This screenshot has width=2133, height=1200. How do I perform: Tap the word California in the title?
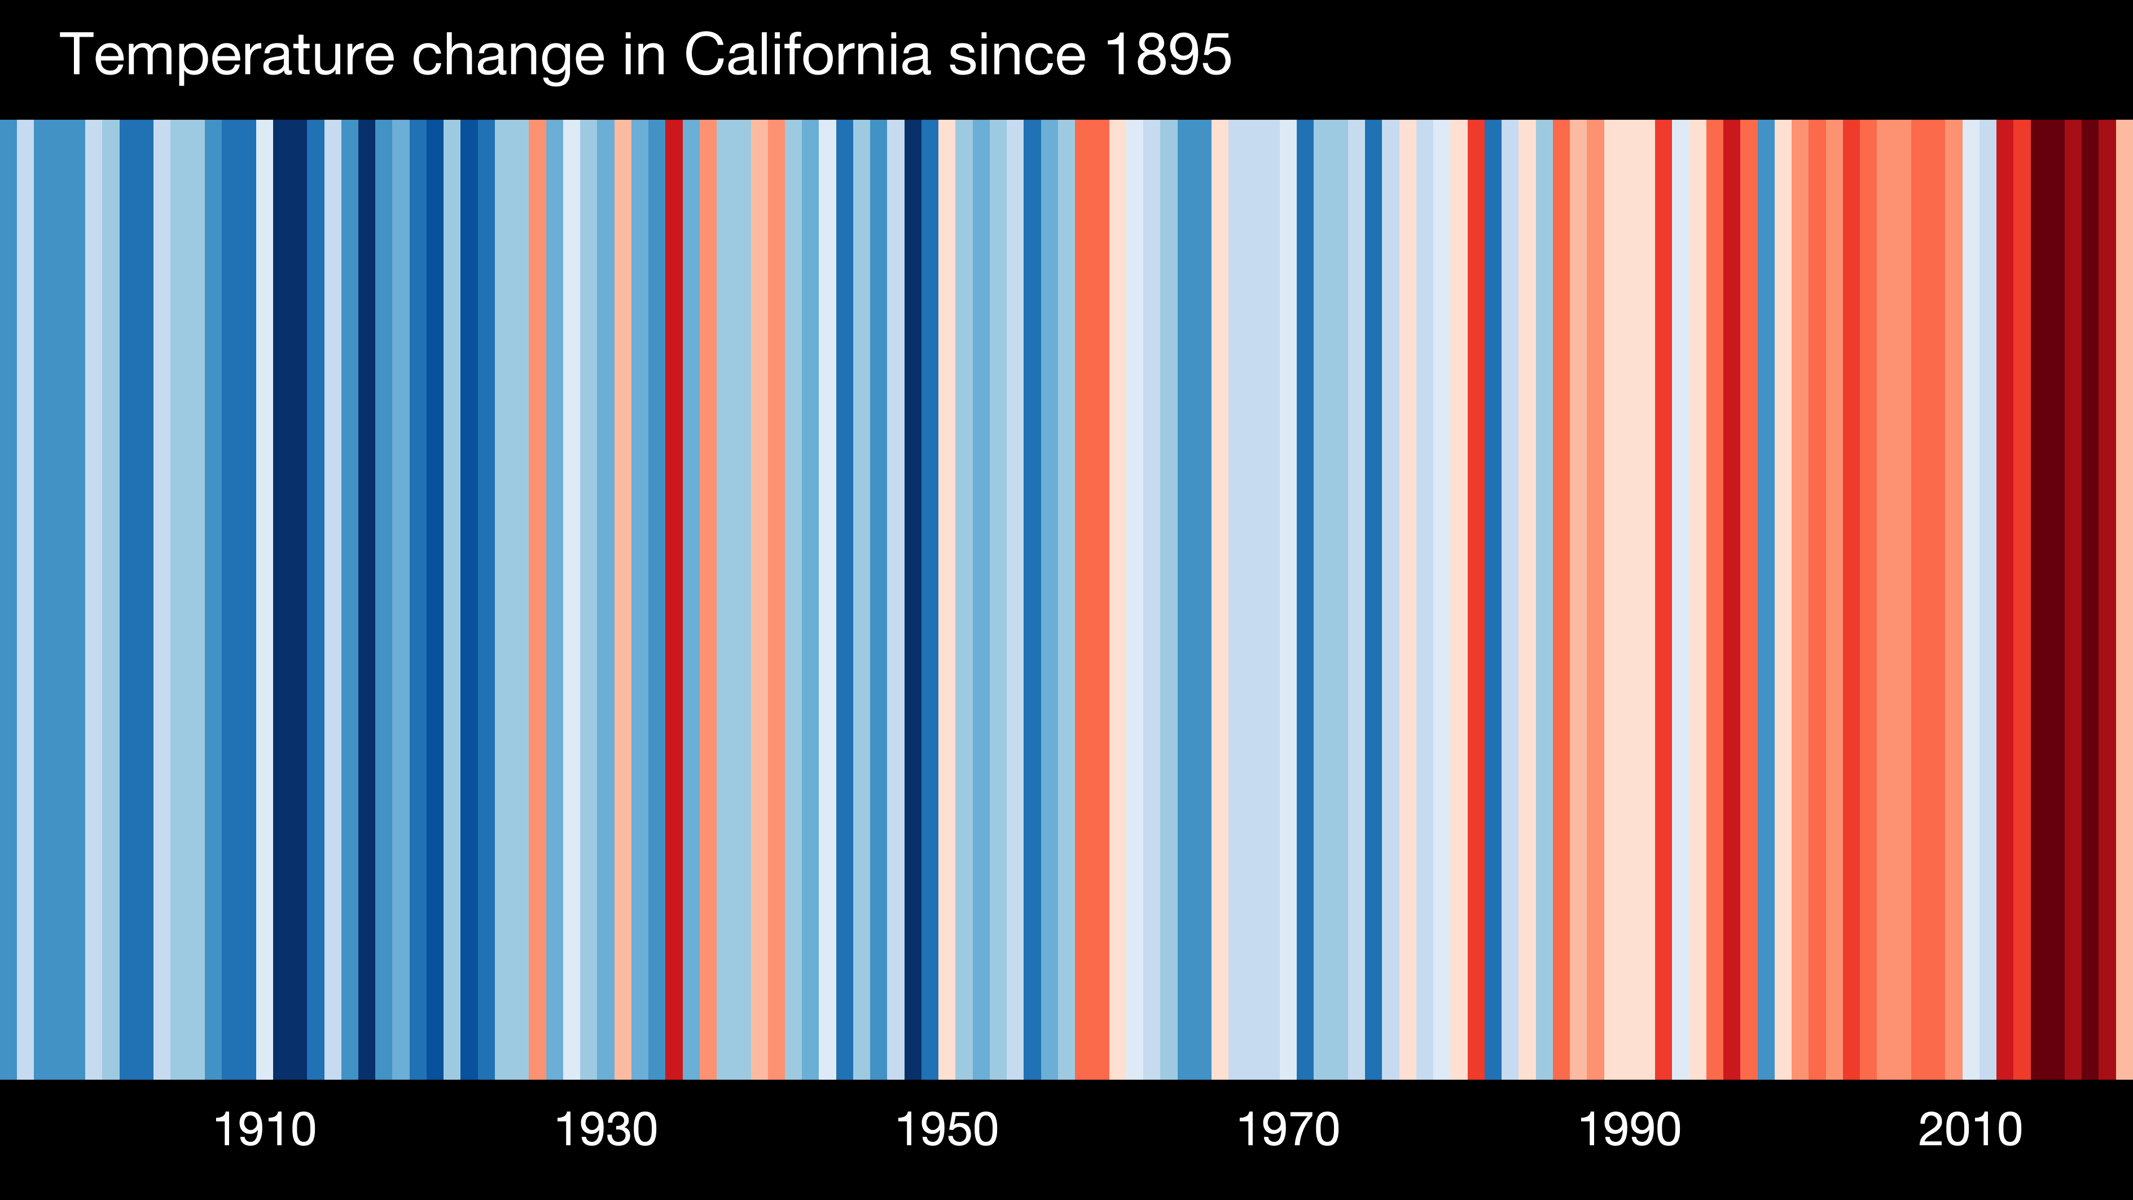807,55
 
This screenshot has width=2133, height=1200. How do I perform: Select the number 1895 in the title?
1168,55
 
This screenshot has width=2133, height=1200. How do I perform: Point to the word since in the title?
1016,55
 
